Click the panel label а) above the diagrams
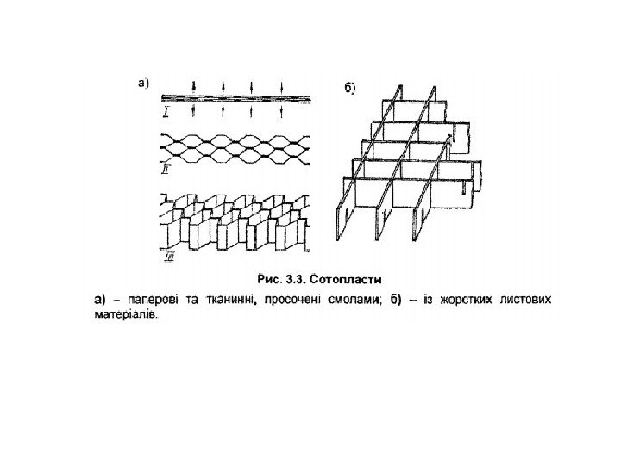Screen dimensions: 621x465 pos(144,84)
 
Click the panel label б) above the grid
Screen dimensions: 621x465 pos(352,87)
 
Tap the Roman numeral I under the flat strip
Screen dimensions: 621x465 pos(165,113)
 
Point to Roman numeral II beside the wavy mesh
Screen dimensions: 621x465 pos(165,170)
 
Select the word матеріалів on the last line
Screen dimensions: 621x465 pos(126,314)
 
